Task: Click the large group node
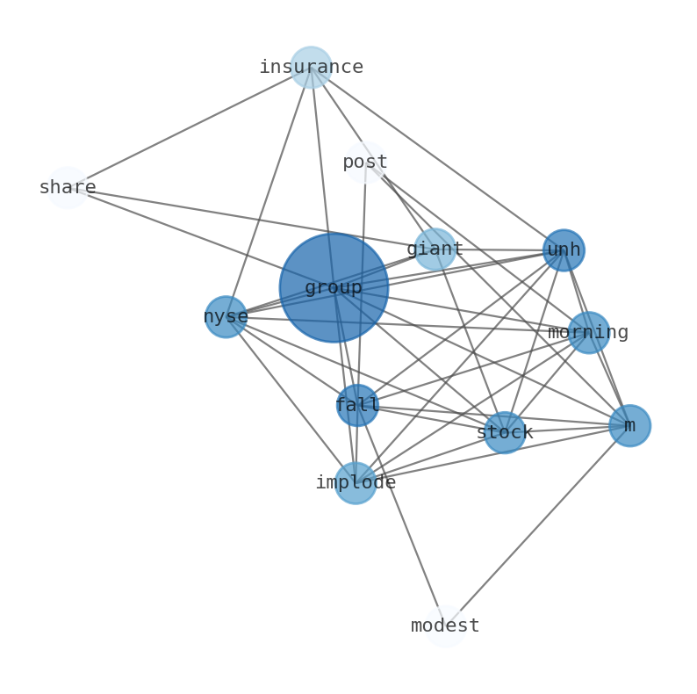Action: click(x=334, y=287)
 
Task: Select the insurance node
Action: click(x=311, y=67)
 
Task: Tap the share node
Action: click(x=68, y=187)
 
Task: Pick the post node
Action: click(x=365, y=162)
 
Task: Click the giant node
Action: click(x=435, y=249)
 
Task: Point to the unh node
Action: click(x=564, y=250)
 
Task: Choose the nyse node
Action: click(x=226, y=316)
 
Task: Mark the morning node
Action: click(x=588, y=332)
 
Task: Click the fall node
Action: click(x=357, y=405)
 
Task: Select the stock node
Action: click(x=505, y=432)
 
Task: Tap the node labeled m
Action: click(x=629, y=425)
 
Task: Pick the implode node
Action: click(x=356, y=482)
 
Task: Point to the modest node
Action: click(x=445, y=625)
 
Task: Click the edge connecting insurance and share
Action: click(x=189, y=127)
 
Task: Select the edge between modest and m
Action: click(x=537, y=525)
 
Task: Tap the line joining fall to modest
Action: click(x=401, y=516)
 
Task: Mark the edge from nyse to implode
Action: click(x=291, y=400)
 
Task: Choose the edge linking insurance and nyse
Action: click(x=268, y=192)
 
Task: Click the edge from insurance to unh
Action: click(x=437, y=158)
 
